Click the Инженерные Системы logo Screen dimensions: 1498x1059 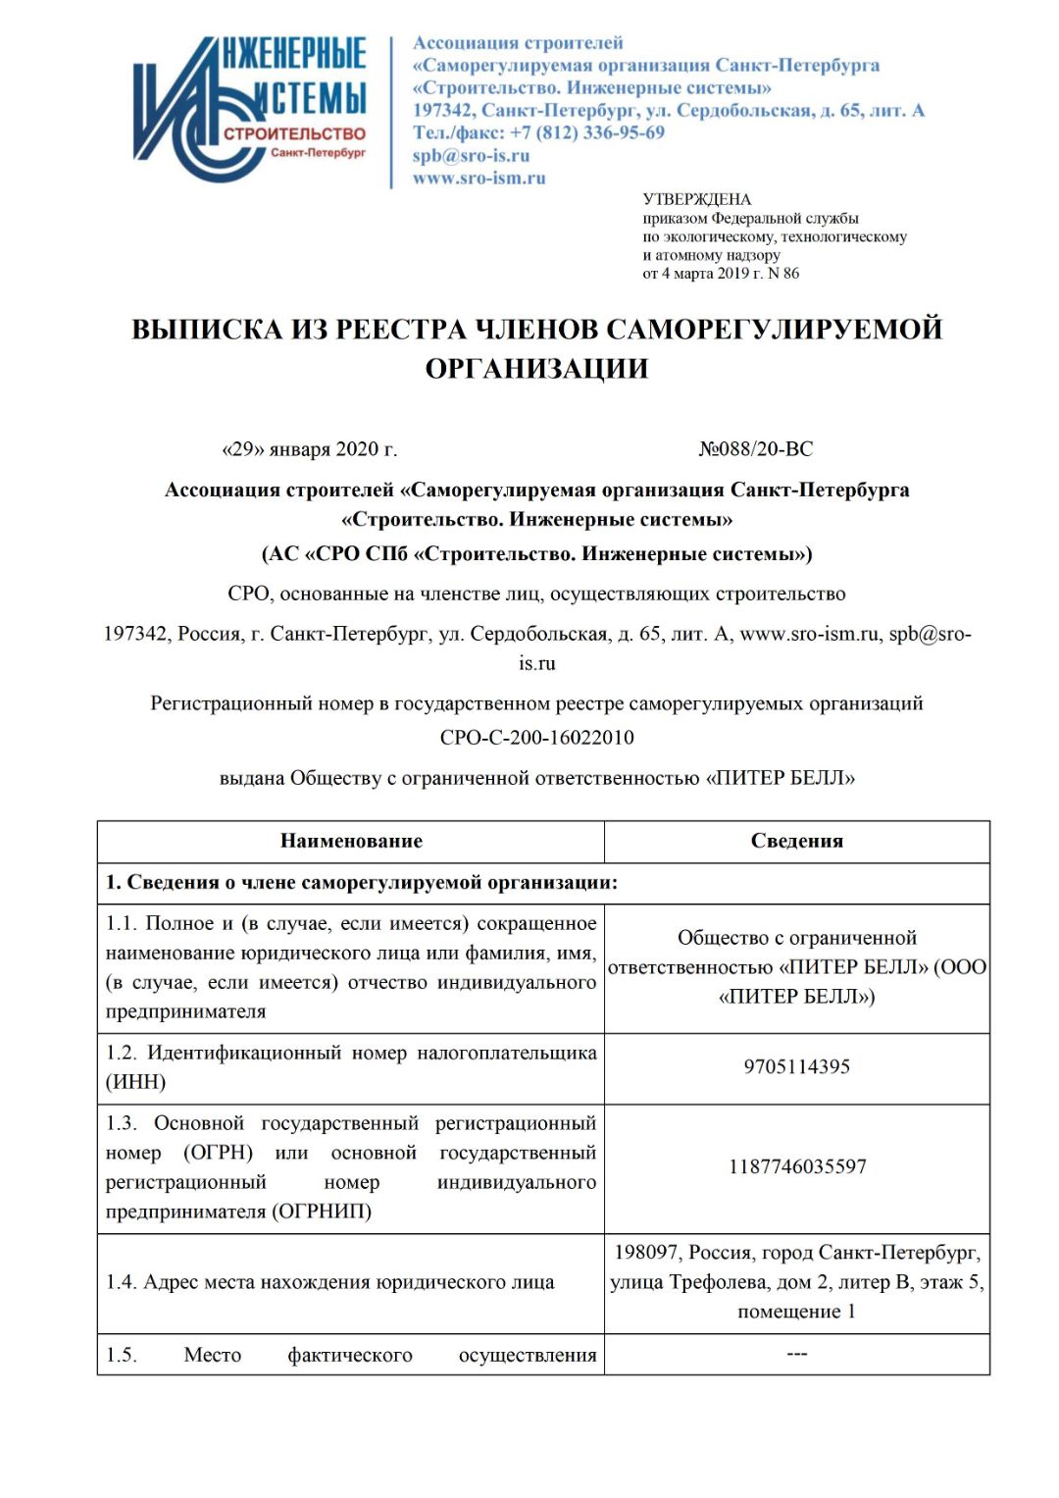250,108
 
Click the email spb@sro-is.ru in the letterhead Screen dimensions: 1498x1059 471,156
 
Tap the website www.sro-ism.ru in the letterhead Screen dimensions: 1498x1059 479,179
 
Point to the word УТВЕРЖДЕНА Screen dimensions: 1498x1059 696,199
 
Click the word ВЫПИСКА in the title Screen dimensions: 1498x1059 207,330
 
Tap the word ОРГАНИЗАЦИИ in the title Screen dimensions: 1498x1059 536,369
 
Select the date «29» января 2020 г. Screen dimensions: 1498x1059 310,449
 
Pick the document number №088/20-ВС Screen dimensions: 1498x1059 756,449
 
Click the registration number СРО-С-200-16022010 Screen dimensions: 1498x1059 536,738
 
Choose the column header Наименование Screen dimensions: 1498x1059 351,841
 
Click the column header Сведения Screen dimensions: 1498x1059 796,841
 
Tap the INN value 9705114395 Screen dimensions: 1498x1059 796,1067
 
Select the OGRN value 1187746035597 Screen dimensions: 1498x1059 796,1167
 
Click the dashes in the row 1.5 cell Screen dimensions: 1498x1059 796,1354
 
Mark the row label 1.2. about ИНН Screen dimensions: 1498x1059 350,1067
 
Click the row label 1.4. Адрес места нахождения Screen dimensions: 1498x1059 329,1282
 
